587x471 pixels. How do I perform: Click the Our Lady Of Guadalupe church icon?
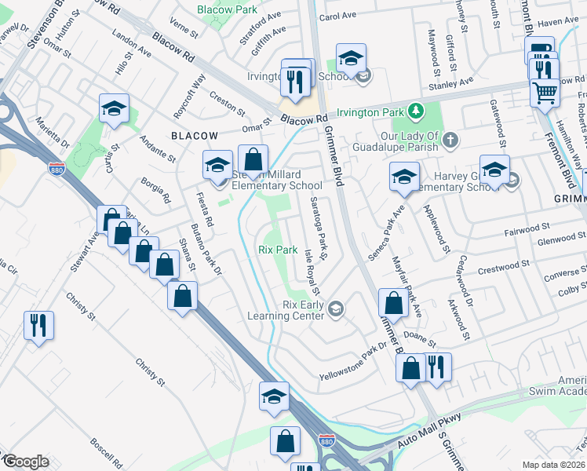point(450,141)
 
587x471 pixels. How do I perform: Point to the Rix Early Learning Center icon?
point(336,309)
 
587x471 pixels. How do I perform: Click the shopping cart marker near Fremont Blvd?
point(544,94)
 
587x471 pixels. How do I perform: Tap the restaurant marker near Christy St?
point(38,324)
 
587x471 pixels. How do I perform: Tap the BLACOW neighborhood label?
point(194,136)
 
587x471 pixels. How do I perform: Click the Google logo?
point(25,461)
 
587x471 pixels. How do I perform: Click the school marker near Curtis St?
point(114,109)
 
